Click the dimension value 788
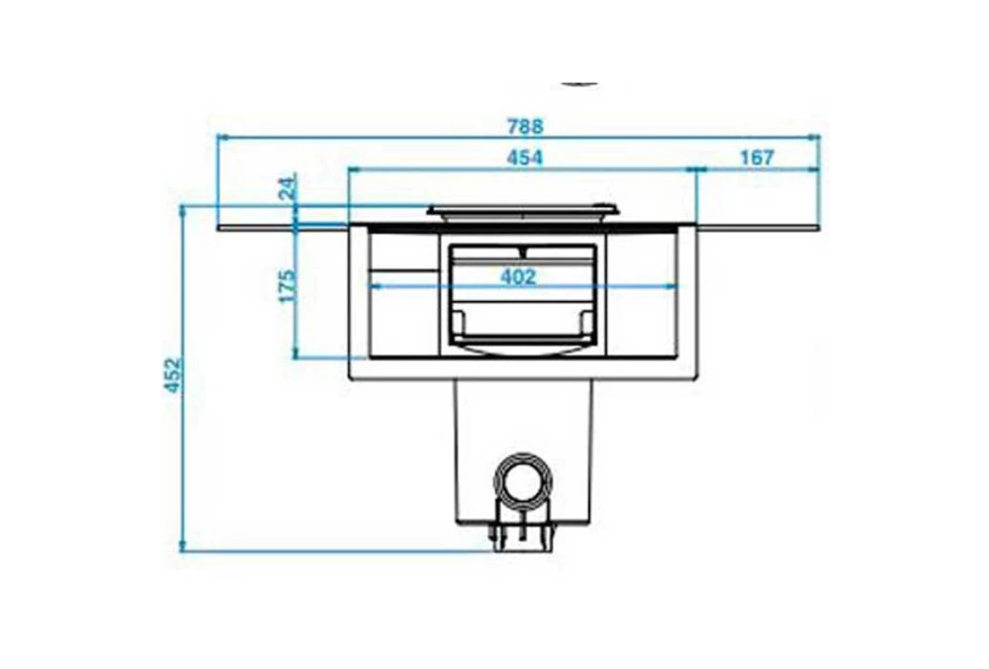point(525,125)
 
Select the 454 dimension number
point(525,158)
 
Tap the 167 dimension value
point(757,158)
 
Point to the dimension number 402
point(517,277)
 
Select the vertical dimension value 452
point(173,376)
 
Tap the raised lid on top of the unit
point(523,210)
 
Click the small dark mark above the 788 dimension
point(580,84)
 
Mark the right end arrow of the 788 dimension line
point(816,138)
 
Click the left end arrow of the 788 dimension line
point(223,138)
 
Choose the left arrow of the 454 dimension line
point(354,170)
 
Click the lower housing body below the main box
point(522,421)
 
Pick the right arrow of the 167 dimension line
point(816,170)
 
